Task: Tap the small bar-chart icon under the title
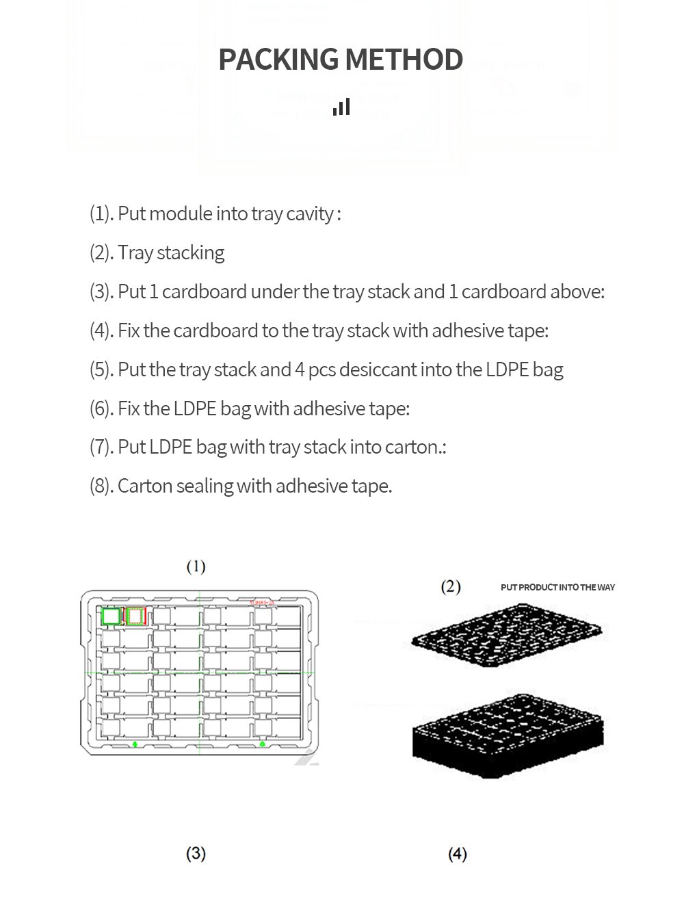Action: point(341,107)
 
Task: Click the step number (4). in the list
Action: point(102,331)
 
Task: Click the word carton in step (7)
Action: point(412,447)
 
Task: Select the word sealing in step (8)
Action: point(205,486)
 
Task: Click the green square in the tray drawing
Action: point(111,616)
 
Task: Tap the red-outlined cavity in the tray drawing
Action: point(135,616)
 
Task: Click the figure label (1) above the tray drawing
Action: point(196,566)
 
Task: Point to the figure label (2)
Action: point(451,587)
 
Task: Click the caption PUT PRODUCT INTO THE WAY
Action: point(557,588)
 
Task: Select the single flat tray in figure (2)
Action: point(506,634)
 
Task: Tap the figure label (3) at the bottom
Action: point(196,853)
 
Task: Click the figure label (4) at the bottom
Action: point(458,854)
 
